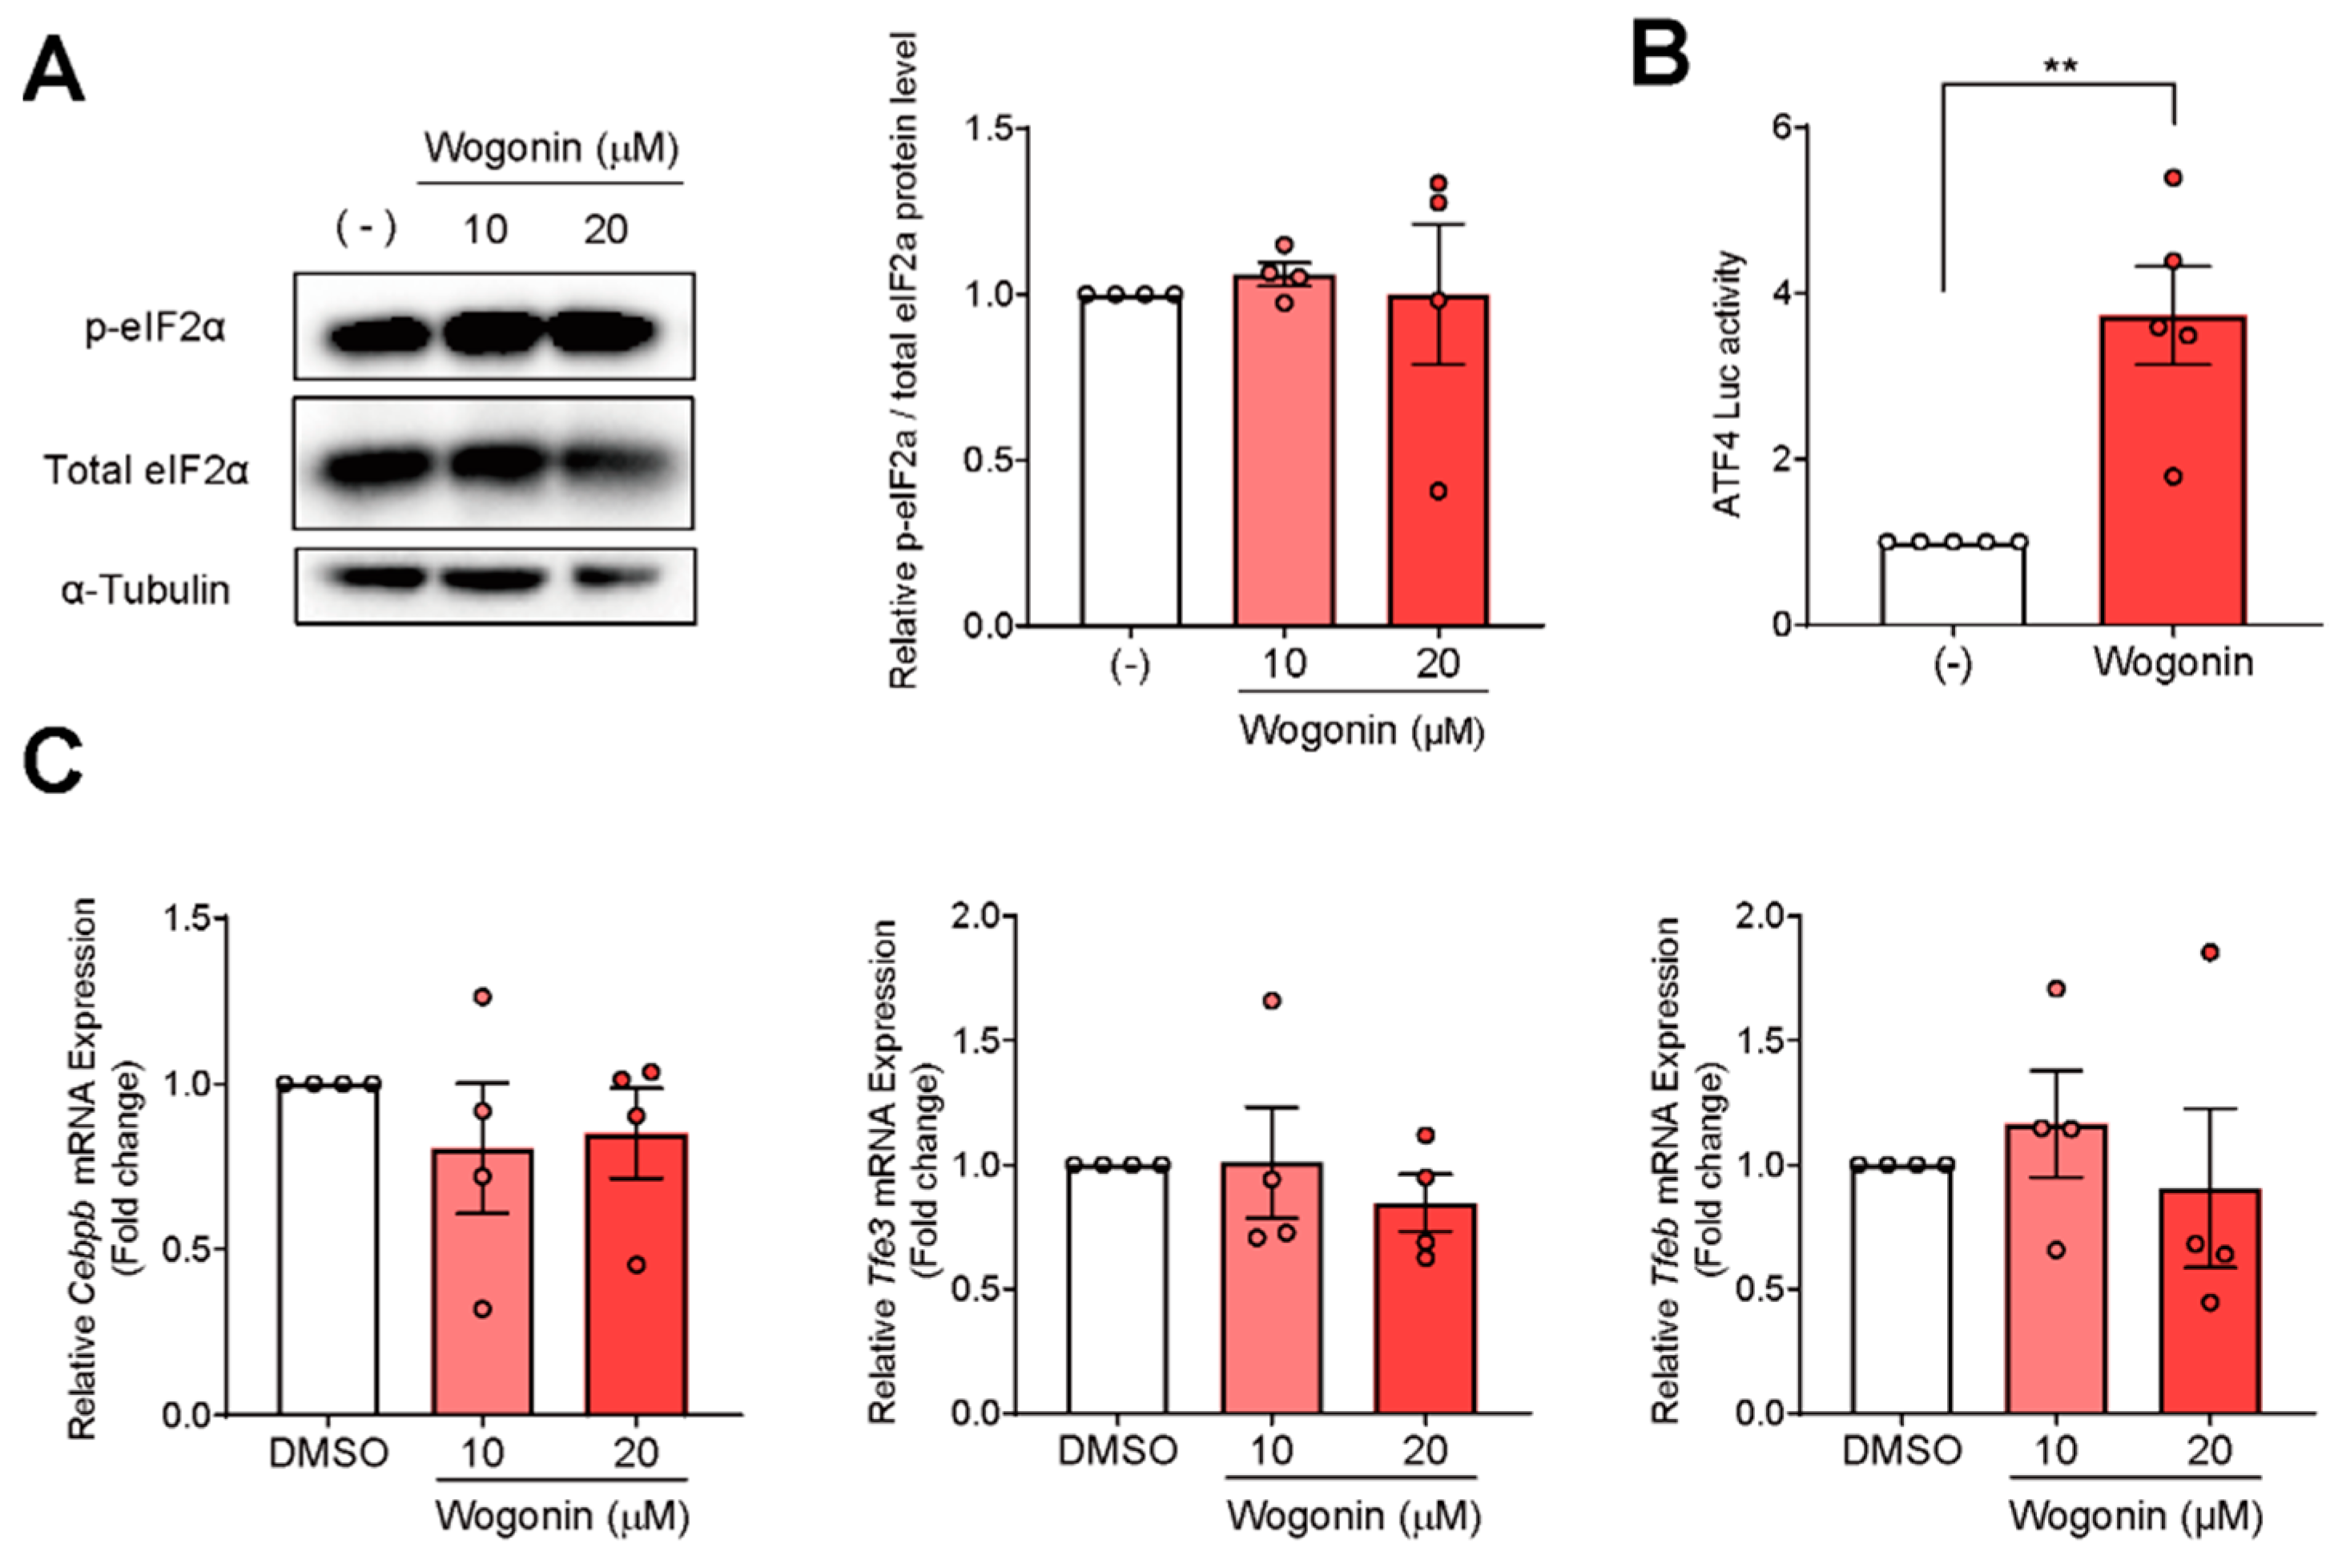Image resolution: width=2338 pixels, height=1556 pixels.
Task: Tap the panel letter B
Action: click(1660, 54)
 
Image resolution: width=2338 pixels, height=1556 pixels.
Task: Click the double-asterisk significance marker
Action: click(2059, 67)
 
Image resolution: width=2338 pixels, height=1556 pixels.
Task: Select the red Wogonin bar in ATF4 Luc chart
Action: click(2172, 476)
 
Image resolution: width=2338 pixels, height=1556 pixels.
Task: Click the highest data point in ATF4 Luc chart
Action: click(2173, 178)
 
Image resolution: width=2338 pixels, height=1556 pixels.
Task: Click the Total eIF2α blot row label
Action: click(147, 470)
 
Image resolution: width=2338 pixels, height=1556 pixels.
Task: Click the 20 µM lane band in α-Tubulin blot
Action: click(616, 577)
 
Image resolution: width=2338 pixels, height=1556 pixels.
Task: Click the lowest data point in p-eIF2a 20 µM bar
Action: click(1439, 491)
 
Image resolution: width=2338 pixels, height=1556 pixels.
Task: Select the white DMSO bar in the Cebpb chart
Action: click(328, 1251)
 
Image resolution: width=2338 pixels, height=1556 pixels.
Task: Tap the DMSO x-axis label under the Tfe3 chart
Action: click(1117, 1451)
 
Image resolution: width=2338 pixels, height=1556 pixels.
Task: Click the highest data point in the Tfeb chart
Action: click(2210, 953)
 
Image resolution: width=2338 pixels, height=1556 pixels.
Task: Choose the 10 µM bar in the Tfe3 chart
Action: click(1272, 1290)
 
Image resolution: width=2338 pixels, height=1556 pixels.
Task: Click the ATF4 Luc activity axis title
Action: click(1729, 385)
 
